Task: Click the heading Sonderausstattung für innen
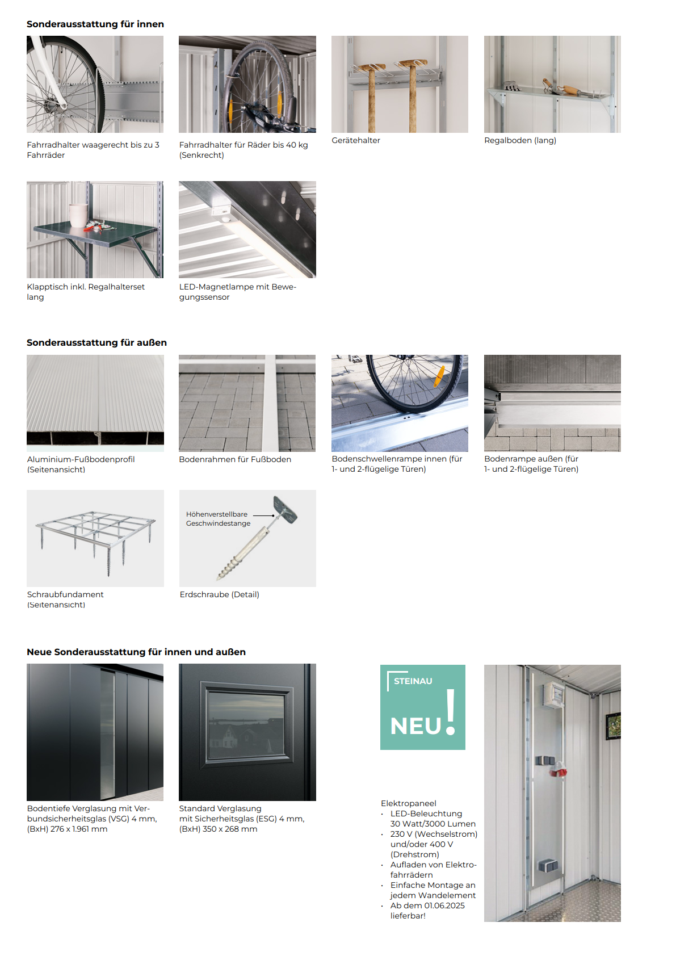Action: pyautogui.click(x=95, y=24)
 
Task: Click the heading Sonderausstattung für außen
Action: pyautogui.click(x=96, y=342)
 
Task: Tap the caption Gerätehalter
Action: pyautogui.click(x=356, y=140)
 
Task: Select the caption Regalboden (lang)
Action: pyautogui.click(x=520, y=140)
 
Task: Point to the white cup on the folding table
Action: pyautogui.click(x=78, y=215)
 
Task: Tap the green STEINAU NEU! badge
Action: pyautogui.click(x=422, y=707)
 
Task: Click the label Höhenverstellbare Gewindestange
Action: pyautogui.click(x=218, y=519)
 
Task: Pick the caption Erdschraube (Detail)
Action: pyautogui.click(x=219, y=594)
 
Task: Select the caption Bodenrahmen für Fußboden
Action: pyautogui.click(x=235, y=459)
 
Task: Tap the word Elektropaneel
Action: pyautogui.click(x=409, y=803)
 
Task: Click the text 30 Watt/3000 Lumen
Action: pyautogui.click(x=433, y=824)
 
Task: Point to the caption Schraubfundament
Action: pyautogui.click(x=65, y=594)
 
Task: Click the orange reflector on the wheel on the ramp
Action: pyautogui.click(x=439, y=376)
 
